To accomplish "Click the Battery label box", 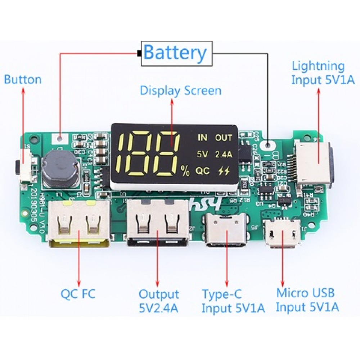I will click(x=176, y=54).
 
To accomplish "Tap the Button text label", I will click(x=23, y=80).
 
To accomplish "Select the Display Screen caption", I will click(x=180, y=90).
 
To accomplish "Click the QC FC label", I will click(x=78, y=294).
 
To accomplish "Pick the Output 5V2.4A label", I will click(x=159, y=301).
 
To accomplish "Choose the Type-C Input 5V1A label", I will click(x=233, y=301).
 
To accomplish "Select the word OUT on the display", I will click(x=224, y=138).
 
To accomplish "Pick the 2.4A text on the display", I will click(x=224, y=154).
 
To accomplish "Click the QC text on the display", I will click(x=202, y=171).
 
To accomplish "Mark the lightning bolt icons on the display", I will click(x=224, y=171).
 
